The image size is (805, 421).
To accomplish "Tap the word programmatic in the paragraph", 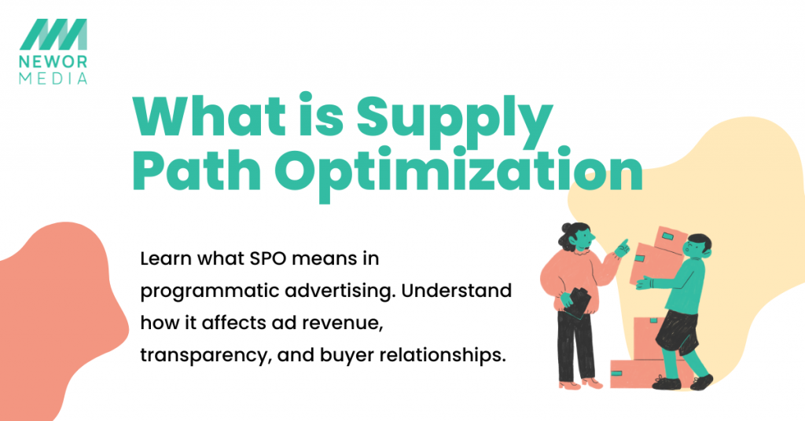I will coord(204,291).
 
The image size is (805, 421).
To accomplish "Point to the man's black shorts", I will coord(675,331).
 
